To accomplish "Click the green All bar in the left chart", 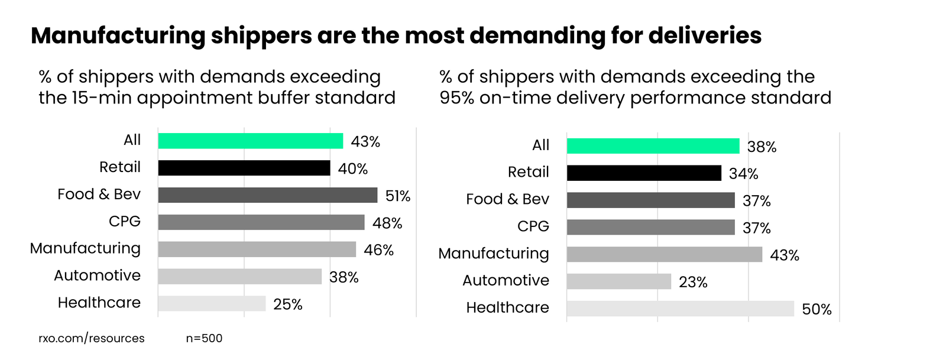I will [250, 141].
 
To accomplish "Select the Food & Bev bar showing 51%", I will [267, 195].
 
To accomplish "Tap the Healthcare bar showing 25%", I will [212, 303].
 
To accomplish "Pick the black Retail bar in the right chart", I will [644, 173].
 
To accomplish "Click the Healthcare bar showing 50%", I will [680, 309].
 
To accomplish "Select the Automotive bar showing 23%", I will [618, 281].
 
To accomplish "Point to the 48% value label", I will [387, 223].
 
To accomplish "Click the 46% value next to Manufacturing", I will [379, 250].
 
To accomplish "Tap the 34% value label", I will [743, 174].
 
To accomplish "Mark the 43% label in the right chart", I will [785, 255].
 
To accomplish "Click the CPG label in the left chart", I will [125, 221].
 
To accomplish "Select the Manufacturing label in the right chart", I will [494, 254].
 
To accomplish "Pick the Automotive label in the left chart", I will [98, 275].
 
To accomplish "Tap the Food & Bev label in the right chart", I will [507, 199].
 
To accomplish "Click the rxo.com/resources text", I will [92, 338].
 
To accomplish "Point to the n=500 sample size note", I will [204, 338].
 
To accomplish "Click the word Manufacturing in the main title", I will [118, 36].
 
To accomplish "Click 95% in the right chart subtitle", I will [456, 98].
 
